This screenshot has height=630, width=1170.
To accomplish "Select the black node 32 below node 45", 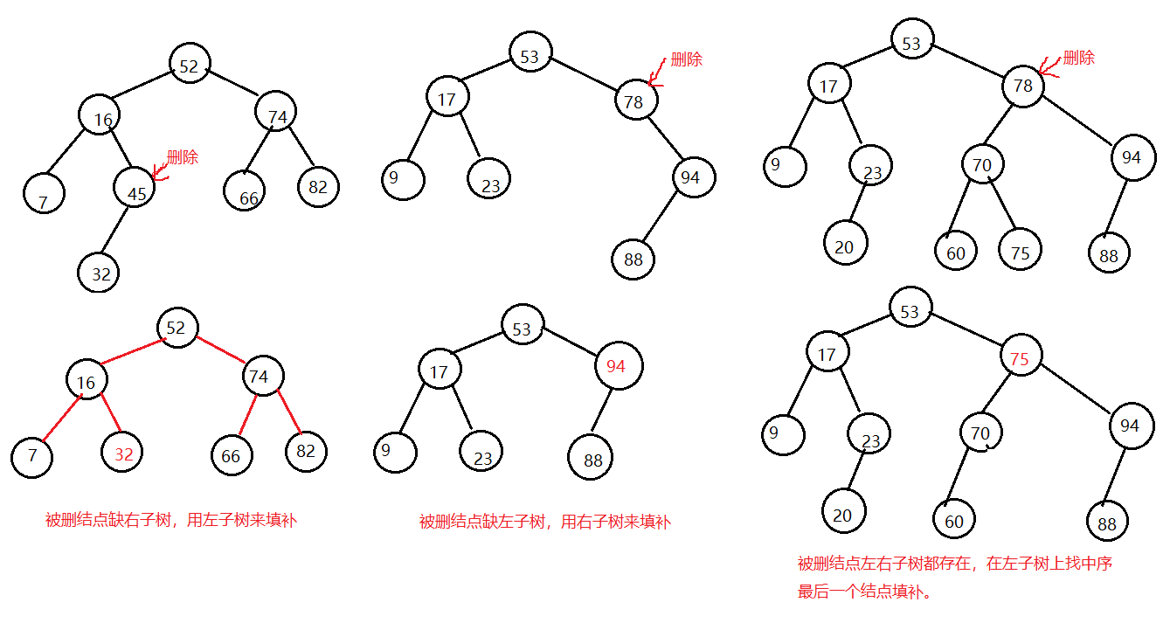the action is [99, 273].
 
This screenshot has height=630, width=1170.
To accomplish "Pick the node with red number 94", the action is [618, 366].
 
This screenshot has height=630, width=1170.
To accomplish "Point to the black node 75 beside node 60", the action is [1020, 251].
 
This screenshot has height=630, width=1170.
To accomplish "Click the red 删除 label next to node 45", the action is [183, 158].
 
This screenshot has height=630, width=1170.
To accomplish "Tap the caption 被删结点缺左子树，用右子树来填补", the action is [544, 523].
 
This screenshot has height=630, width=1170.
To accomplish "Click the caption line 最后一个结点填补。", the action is [864, 592].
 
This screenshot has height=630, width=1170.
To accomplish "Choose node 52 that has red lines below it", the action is [177, 328].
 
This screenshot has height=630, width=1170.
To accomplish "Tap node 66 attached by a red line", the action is [232, 454].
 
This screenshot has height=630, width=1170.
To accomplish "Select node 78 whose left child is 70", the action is [1022, 87].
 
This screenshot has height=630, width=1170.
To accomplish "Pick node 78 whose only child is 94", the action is [635, 101].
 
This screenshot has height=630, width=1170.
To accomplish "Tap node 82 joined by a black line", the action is [318, 186].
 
